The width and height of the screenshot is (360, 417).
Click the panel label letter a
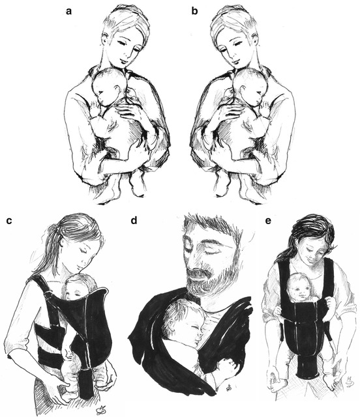pyautogui.click(x=69, y=12)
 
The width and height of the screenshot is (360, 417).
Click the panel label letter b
pyautogui.click(x=195, y=10)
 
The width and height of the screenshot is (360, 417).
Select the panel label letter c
pyautogui.click(x=9, y=221)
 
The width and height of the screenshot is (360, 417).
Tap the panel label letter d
pyautogui.click(x=134, y=220)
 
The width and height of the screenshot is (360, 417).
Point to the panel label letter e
pyautogui.click(x=269, y=221)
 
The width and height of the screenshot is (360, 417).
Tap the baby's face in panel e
pyautogui.click(x=299, y=290)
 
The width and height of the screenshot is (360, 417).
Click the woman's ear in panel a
pyautogui.click(x=105, y=40)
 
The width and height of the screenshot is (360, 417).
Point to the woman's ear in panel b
pyautogui.click(x=255, y=40)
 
